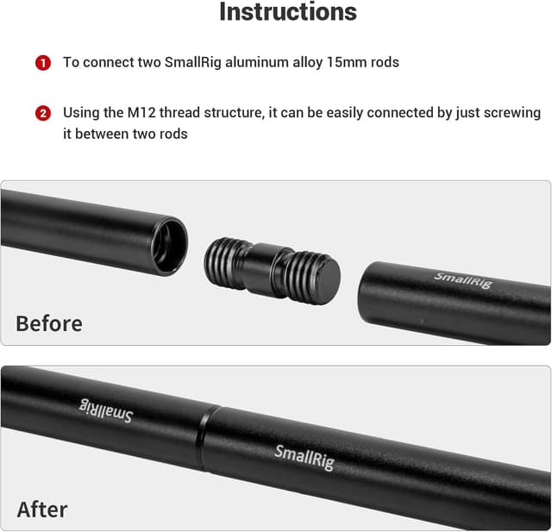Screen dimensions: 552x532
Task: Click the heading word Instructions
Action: (x=288, y=11)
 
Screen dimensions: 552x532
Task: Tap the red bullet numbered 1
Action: (x=43, y=63)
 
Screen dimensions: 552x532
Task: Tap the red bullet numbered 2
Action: (x=43, y=114)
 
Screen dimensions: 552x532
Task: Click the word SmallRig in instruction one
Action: (x=193, y=62)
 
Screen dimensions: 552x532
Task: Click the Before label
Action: (x=49, y=323)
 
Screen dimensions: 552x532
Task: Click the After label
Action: (x=42, y=509)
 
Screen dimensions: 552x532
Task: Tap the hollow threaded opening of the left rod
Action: (x=169, y=246)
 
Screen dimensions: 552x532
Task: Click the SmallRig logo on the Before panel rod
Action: (x=463, y=280)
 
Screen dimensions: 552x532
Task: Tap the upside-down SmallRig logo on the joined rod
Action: (x=105, y=410)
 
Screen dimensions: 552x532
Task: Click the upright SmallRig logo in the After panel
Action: (x=304, y=457)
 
